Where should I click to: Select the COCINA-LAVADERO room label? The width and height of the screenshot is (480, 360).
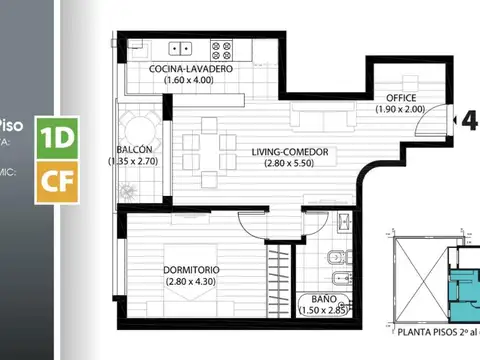tap(192, 69)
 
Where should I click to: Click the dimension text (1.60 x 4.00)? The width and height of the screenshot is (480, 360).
tap(192, 80)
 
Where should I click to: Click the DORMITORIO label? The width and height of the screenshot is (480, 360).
tap(195, 270)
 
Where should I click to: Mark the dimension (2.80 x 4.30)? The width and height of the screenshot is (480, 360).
tap(195, 281)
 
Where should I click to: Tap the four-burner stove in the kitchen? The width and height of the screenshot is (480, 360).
tap(221, 47)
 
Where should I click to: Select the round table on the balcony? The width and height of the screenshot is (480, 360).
tap(139, 127)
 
